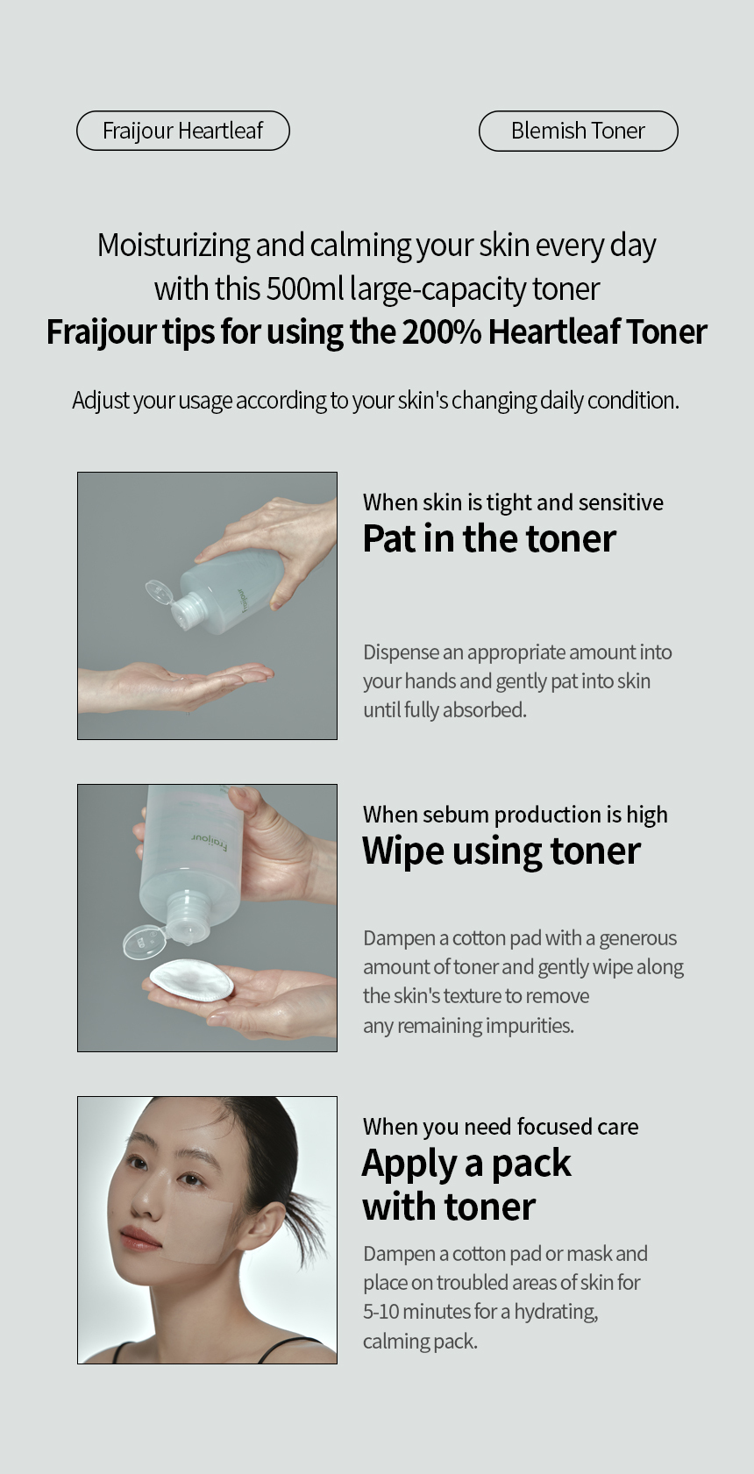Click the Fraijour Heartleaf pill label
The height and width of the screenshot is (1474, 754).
pyautogui.click(x=183, y=131)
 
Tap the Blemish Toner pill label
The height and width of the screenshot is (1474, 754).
pyautogui.click(x=579, y=131)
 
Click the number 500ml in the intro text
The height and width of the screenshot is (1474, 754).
pyautogui.click(x=304, y=288)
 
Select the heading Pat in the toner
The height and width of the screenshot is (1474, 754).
pyautogui.click(x=489, y=538)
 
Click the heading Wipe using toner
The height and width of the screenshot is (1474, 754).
pyautogui.click(x=501, y=851)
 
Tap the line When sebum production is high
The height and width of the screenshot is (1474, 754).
pyautogui.click(x=516, y=815)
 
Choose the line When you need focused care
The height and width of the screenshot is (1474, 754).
pyautogui.click(x=501, y=1127)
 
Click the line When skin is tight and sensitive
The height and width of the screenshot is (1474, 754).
pyautogui.click(x=513, y=502)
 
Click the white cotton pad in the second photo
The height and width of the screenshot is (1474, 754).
pyautogui.click(x=191, y=979)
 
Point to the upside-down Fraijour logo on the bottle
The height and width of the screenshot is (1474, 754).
pyautogui.click(x=210, y=842)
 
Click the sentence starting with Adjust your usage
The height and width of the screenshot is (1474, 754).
pyautogui.click(x=375, y=400)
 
